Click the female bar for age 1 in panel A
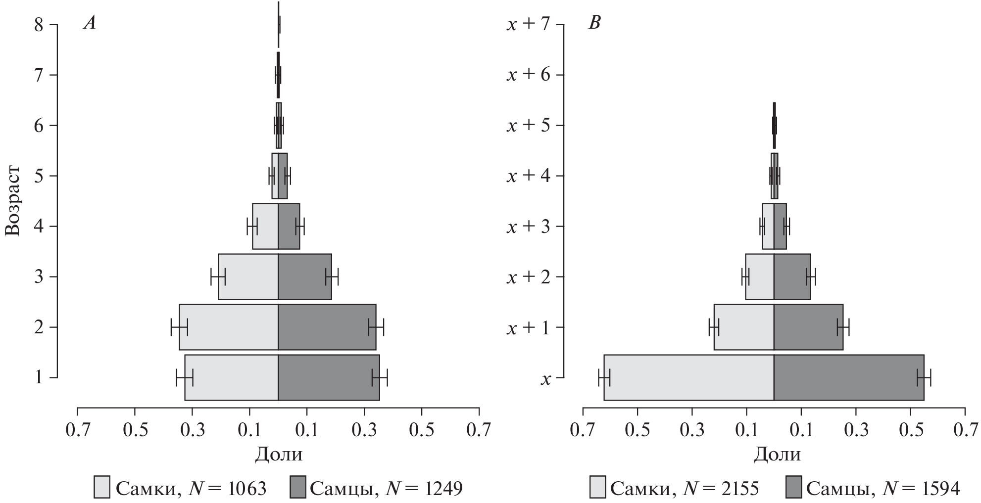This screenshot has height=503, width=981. coord(232,377)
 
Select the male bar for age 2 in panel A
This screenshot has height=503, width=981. coord(327,327)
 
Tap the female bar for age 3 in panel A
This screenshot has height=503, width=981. coord(248,276)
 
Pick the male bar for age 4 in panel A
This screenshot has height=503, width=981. coord(289,226)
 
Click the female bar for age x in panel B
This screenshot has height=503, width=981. coord(688,377)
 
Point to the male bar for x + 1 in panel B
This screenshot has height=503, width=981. coord(808,327)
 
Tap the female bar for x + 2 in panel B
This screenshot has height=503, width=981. coord(759,276)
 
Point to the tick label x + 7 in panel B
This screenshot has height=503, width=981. coord(528,25)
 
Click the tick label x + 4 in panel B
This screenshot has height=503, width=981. coord(528,176)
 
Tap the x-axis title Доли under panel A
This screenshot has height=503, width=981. coord(278,454)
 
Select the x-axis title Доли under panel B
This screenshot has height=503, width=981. coord(777,454)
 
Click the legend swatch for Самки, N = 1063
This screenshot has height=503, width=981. coord(102,487)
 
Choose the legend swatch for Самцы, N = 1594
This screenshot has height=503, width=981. coord(793,487)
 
